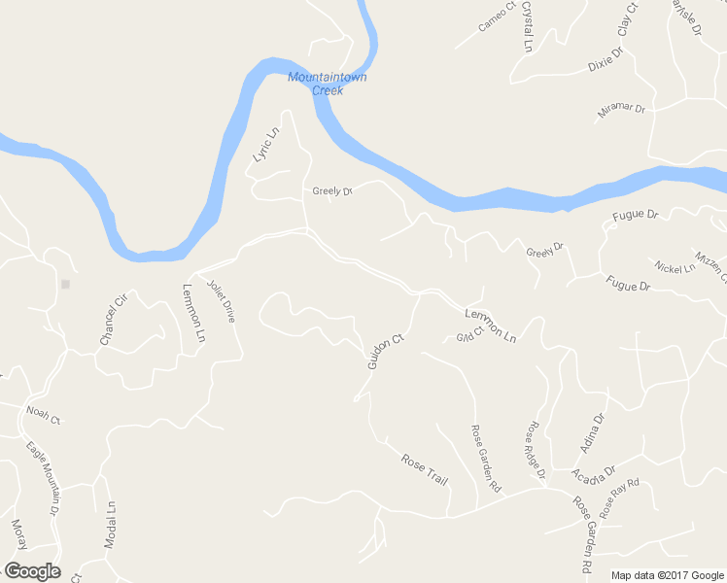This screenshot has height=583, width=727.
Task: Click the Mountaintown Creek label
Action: [x=328, y=84]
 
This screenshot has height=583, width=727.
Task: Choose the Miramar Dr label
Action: [x=621, y=112]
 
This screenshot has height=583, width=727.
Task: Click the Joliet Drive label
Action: [x=222, y=301]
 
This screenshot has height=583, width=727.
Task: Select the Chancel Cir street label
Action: [x=113, y=320]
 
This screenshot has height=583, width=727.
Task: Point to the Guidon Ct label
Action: [x=385, y=352]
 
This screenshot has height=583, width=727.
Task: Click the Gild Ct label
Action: [x=469, y=337]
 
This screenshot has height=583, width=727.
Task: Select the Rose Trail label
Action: [x=424, y=468]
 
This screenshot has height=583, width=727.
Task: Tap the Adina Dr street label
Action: [x=592, y=432]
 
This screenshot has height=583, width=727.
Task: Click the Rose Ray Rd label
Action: [x=620, y=497]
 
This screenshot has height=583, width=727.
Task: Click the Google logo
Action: [x=32, y=571]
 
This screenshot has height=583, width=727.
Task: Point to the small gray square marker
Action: [x=65, y=285]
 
